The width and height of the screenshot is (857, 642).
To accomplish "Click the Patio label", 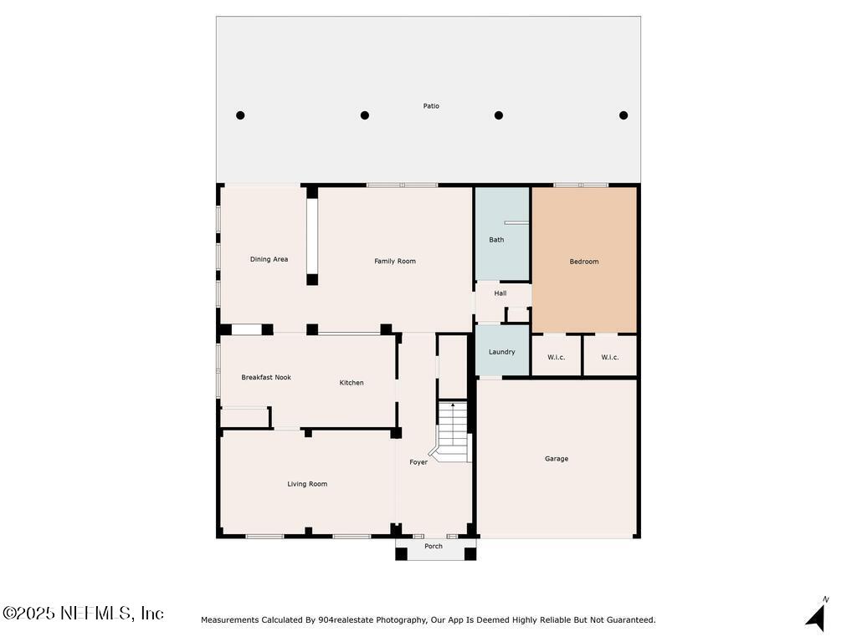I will (x=431, y=106).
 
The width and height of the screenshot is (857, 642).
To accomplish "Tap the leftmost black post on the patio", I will (x=240, y=115).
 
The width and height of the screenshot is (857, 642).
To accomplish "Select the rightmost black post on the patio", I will (x=624, y=115).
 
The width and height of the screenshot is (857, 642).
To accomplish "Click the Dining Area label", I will (x=269, y=259).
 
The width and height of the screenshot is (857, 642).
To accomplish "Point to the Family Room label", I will (x=395, y=262).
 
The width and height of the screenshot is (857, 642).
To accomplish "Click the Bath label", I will (x=496, y=240).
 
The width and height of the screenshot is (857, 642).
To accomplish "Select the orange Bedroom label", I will (x=584, y=262).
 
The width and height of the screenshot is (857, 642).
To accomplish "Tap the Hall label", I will (x=500, y=293).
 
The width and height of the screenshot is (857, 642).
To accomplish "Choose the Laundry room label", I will (x=502, y=352).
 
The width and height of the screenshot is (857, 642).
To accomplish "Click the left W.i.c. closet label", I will (x=557, y=358).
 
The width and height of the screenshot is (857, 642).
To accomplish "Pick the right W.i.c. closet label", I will (x=610, y=358).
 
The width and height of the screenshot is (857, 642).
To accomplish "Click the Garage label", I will (x=557, y=459).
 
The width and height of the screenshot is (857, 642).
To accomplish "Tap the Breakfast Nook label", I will (x=266, y=378).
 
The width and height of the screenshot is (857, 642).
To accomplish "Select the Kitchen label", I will (x=352, y=383).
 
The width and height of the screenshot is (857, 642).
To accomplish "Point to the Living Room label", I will (x=307, y=484).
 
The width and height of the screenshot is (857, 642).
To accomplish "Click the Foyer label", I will (x=418, y=462).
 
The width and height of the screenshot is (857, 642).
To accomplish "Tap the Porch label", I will (x=434, y=547).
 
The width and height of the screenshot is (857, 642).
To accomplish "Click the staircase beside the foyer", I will (x=453, y=431).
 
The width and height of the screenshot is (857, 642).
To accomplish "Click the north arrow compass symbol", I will (x=816, y=615).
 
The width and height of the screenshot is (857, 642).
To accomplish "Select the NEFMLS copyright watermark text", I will (x=83, y=614).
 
